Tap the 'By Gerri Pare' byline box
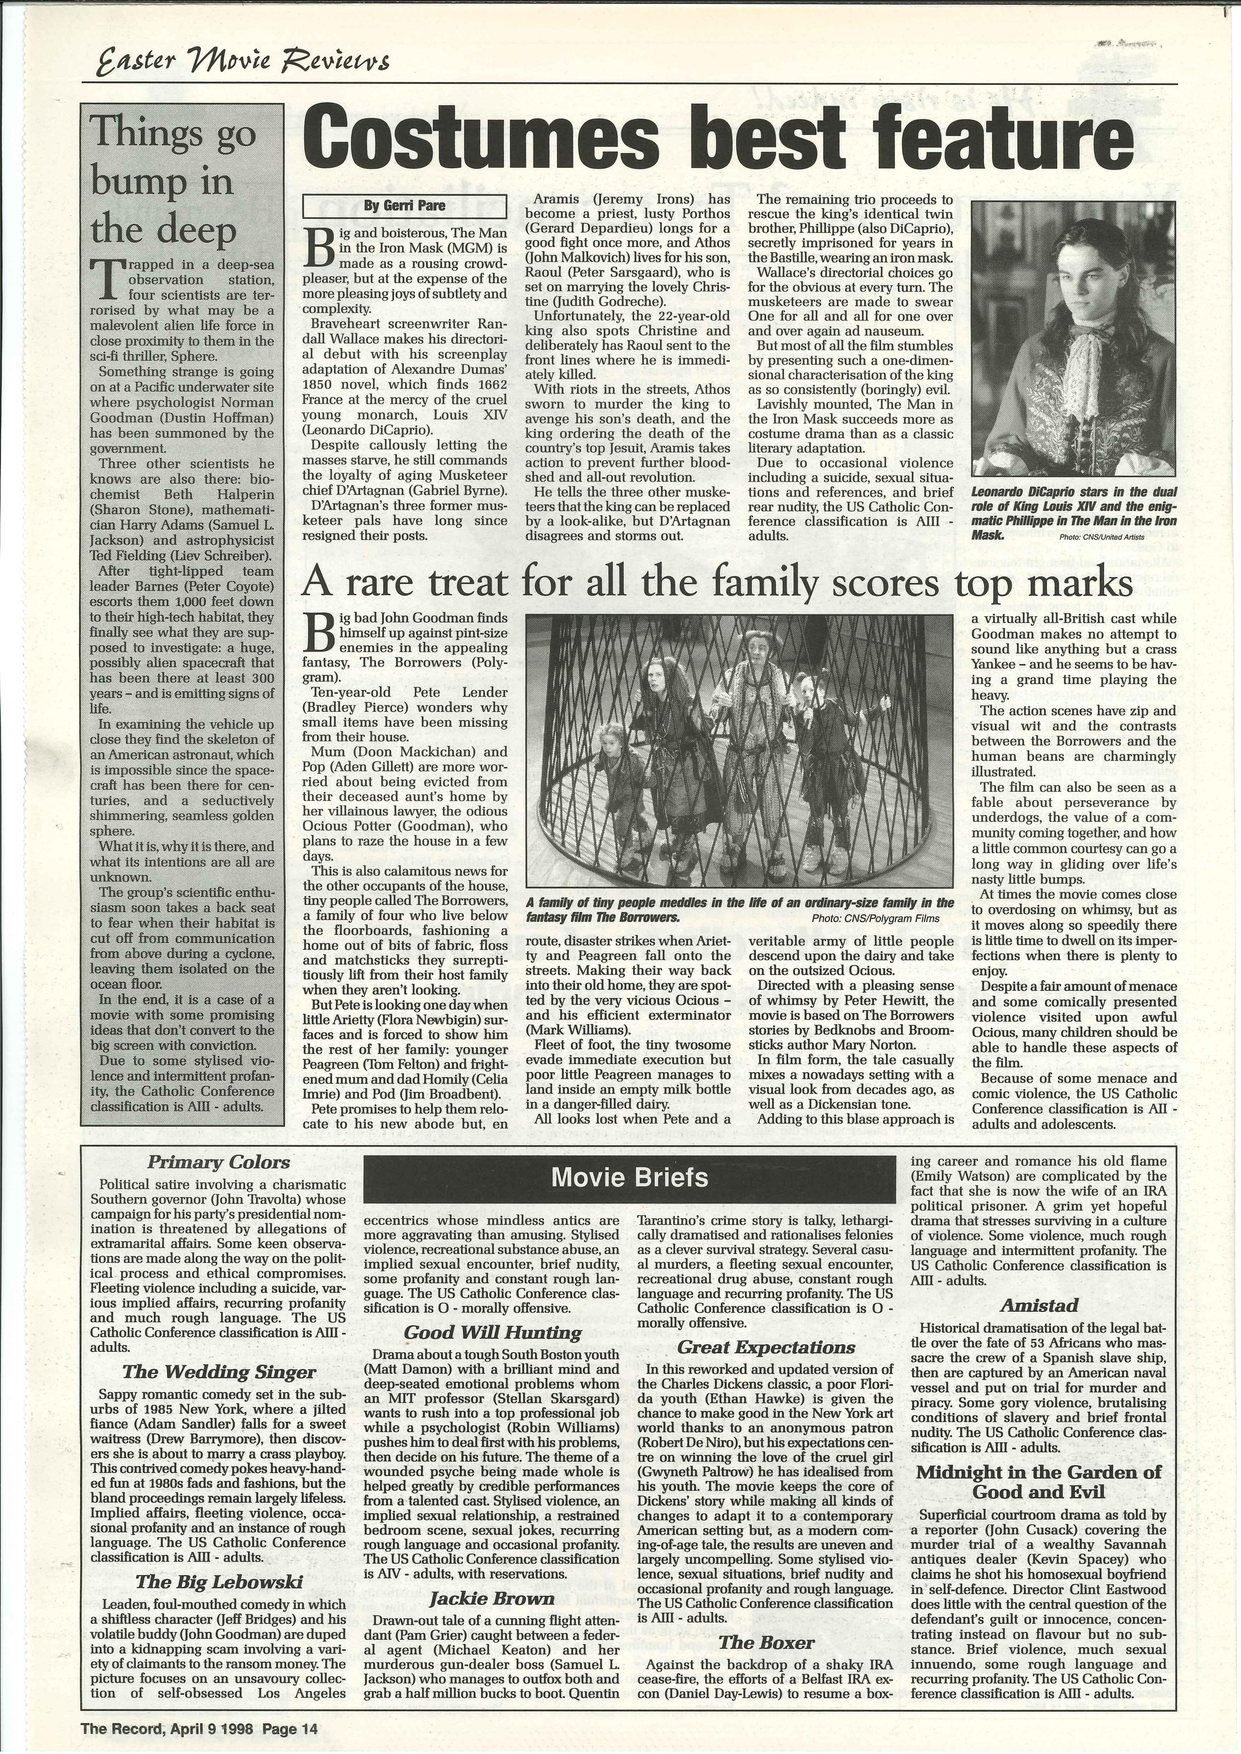point(405,205)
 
